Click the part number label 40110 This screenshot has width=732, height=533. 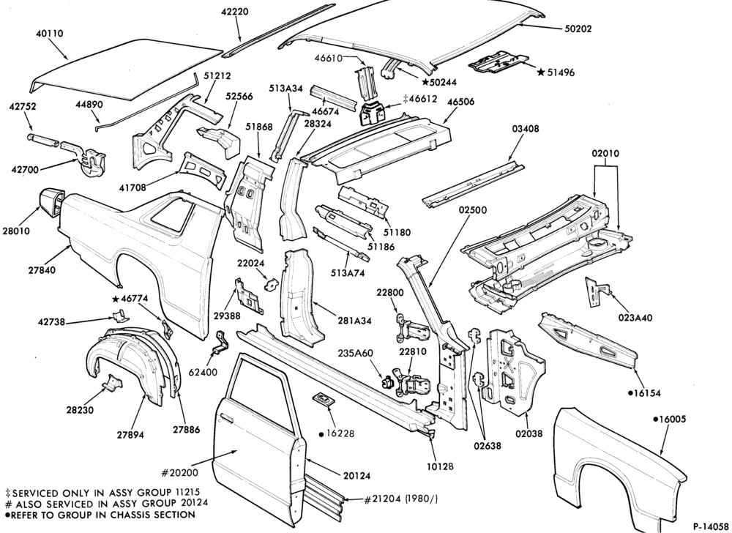click(50, 34)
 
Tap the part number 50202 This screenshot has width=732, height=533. click(578, 29)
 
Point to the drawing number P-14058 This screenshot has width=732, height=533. click(711, 526)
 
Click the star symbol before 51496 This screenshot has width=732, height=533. click(541, 72)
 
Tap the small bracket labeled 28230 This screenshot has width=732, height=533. click(111, 381)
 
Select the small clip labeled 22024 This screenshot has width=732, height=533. click(272, 284)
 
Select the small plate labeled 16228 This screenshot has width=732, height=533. click(322, 400)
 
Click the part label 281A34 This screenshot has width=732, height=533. click(355, 321)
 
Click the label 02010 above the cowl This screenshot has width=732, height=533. click(605, 154)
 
